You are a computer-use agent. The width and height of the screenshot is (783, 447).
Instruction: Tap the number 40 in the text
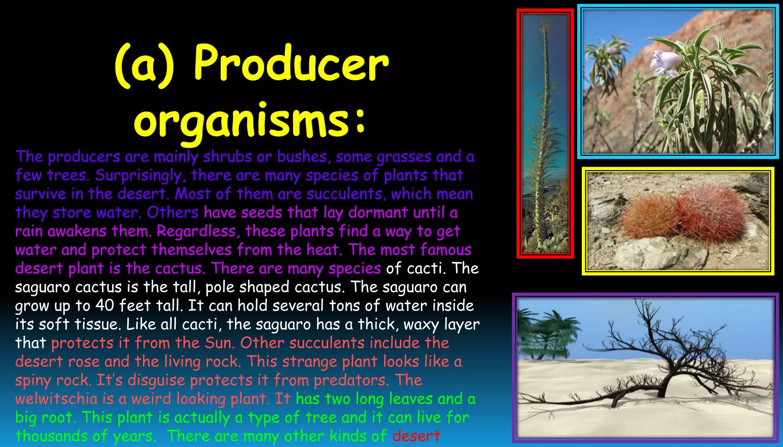click(x=104, y=306)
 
